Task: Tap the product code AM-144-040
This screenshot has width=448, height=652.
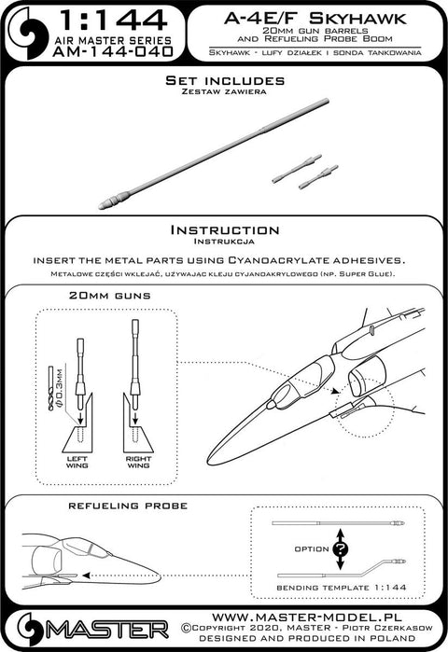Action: point(113,51)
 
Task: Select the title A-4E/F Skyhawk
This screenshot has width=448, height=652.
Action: point(315,19)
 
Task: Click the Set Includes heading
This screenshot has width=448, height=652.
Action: point(225,80)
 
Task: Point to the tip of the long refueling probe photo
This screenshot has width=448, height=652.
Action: point(100,206)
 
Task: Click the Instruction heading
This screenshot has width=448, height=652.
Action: point(225,230)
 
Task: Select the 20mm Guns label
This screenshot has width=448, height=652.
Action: point(110,296)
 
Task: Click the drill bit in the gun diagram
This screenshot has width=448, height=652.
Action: point(51,388)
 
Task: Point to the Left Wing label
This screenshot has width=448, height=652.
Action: point(77,462)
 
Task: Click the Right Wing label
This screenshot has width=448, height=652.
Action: point(138,462)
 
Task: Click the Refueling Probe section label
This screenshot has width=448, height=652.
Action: point(128,506)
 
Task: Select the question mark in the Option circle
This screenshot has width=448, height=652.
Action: point(341,549)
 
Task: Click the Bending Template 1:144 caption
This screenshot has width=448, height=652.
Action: point(341,588)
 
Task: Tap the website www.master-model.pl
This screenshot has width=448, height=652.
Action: point(306,617)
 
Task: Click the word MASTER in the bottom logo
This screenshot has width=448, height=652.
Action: point(107,630)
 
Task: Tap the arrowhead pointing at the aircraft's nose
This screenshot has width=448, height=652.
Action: point(87,576)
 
